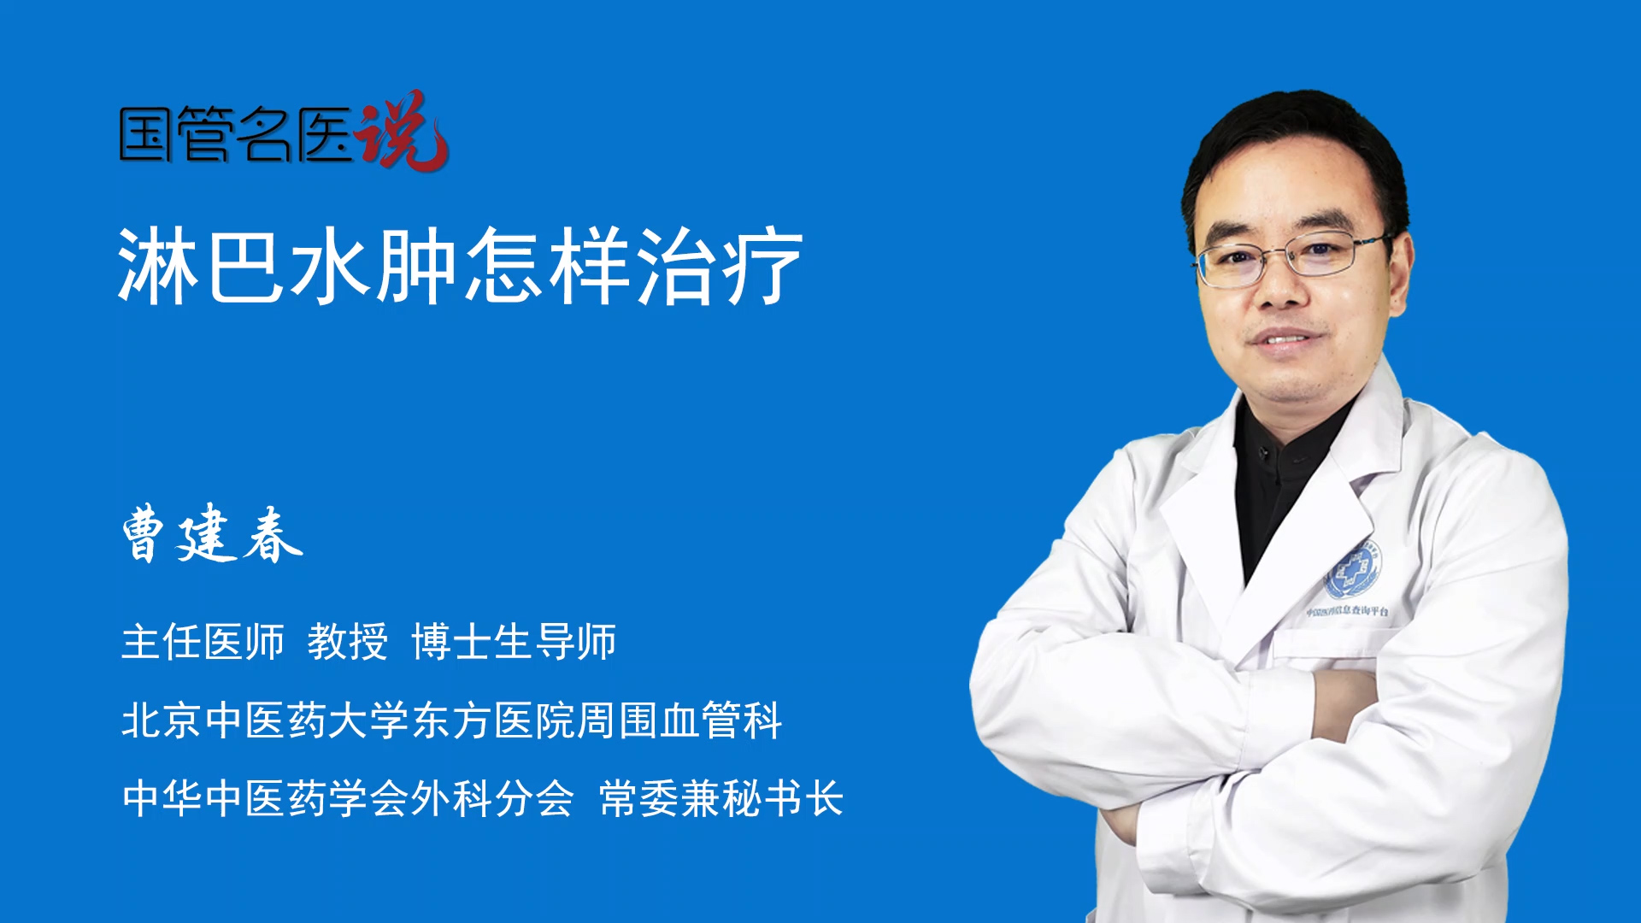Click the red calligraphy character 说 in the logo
pos(402,130)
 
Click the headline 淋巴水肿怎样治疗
pos(460,266)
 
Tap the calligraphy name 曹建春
pos(212,534)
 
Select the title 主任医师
pos(203,642)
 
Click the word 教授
pos(348,642)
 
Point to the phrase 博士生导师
pos(514,642)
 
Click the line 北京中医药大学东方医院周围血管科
pos(452,720)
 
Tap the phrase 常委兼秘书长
pos(721,798)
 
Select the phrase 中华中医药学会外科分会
pos(348,798)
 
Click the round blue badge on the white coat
pos(1353,569)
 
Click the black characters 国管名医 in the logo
pos(236,134)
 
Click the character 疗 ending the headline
pos(762,266)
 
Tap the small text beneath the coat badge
pos(1347,611)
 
